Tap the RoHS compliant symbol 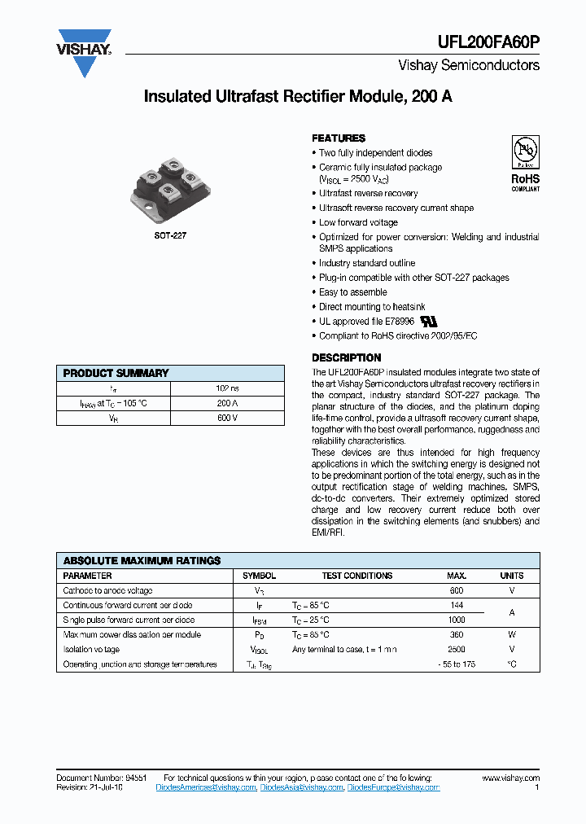(x=525, y=163)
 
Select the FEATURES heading (x=339, y=138)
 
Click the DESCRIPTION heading (x=347, y=357)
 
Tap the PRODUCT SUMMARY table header (x=116, y=373)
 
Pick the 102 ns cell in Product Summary (x=227, y=388)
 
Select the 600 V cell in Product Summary (x=227, y=418)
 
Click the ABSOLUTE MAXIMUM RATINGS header (x=142, y=561)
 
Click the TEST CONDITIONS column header (x=356, y=576)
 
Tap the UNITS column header (x=511, y=576)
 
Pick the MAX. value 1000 (x=457, y=620)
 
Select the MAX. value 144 (x=457, y=605)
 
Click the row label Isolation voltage (x=91, y=649)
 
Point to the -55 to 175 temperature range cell (x=457, y=664)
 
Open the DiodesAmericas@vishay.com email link (x=206, y=787)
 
